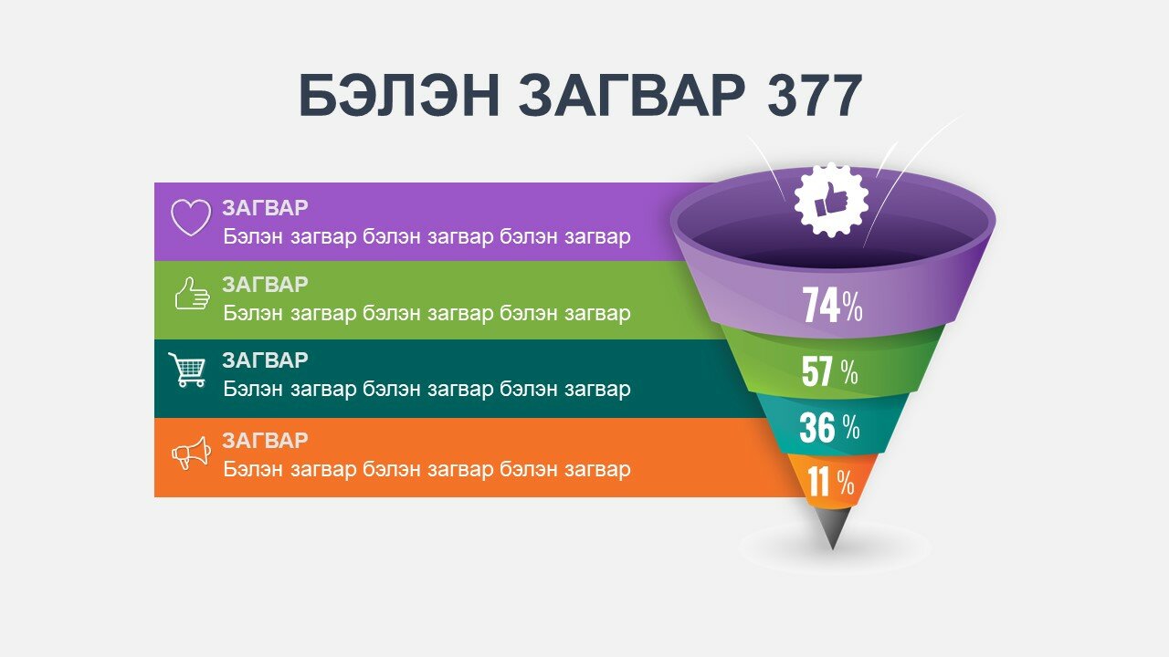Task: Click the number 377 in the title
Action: tap(815, 96)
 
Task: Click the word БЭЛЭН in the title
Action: tap(400, 96)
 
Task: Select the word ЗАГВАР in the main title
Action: tap(632, 96)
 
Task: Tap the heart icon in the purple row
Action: tap(191, 217)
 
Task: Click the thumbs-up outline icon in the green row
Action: tap(192, 293)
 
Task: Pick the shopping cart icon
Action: tap(187, 370)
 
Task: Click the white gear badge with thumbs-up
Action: tap(831, 200)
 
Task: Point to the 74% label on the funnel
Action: tap(832, 306)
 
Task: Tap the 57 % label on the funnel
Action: tap(830, 371)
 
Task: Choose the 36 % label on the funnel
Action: tap(829, 428)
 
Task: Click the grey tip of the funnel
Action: tap(833, 527)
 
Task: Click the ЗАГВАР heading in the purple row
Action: tap(265, 208)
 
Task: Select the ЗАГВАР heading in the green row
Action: tap(265, 285)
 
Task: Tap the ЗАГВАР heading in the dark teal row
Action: tap(265, 360)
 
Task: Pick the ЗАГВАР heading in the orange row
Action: tap(265, 441)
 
